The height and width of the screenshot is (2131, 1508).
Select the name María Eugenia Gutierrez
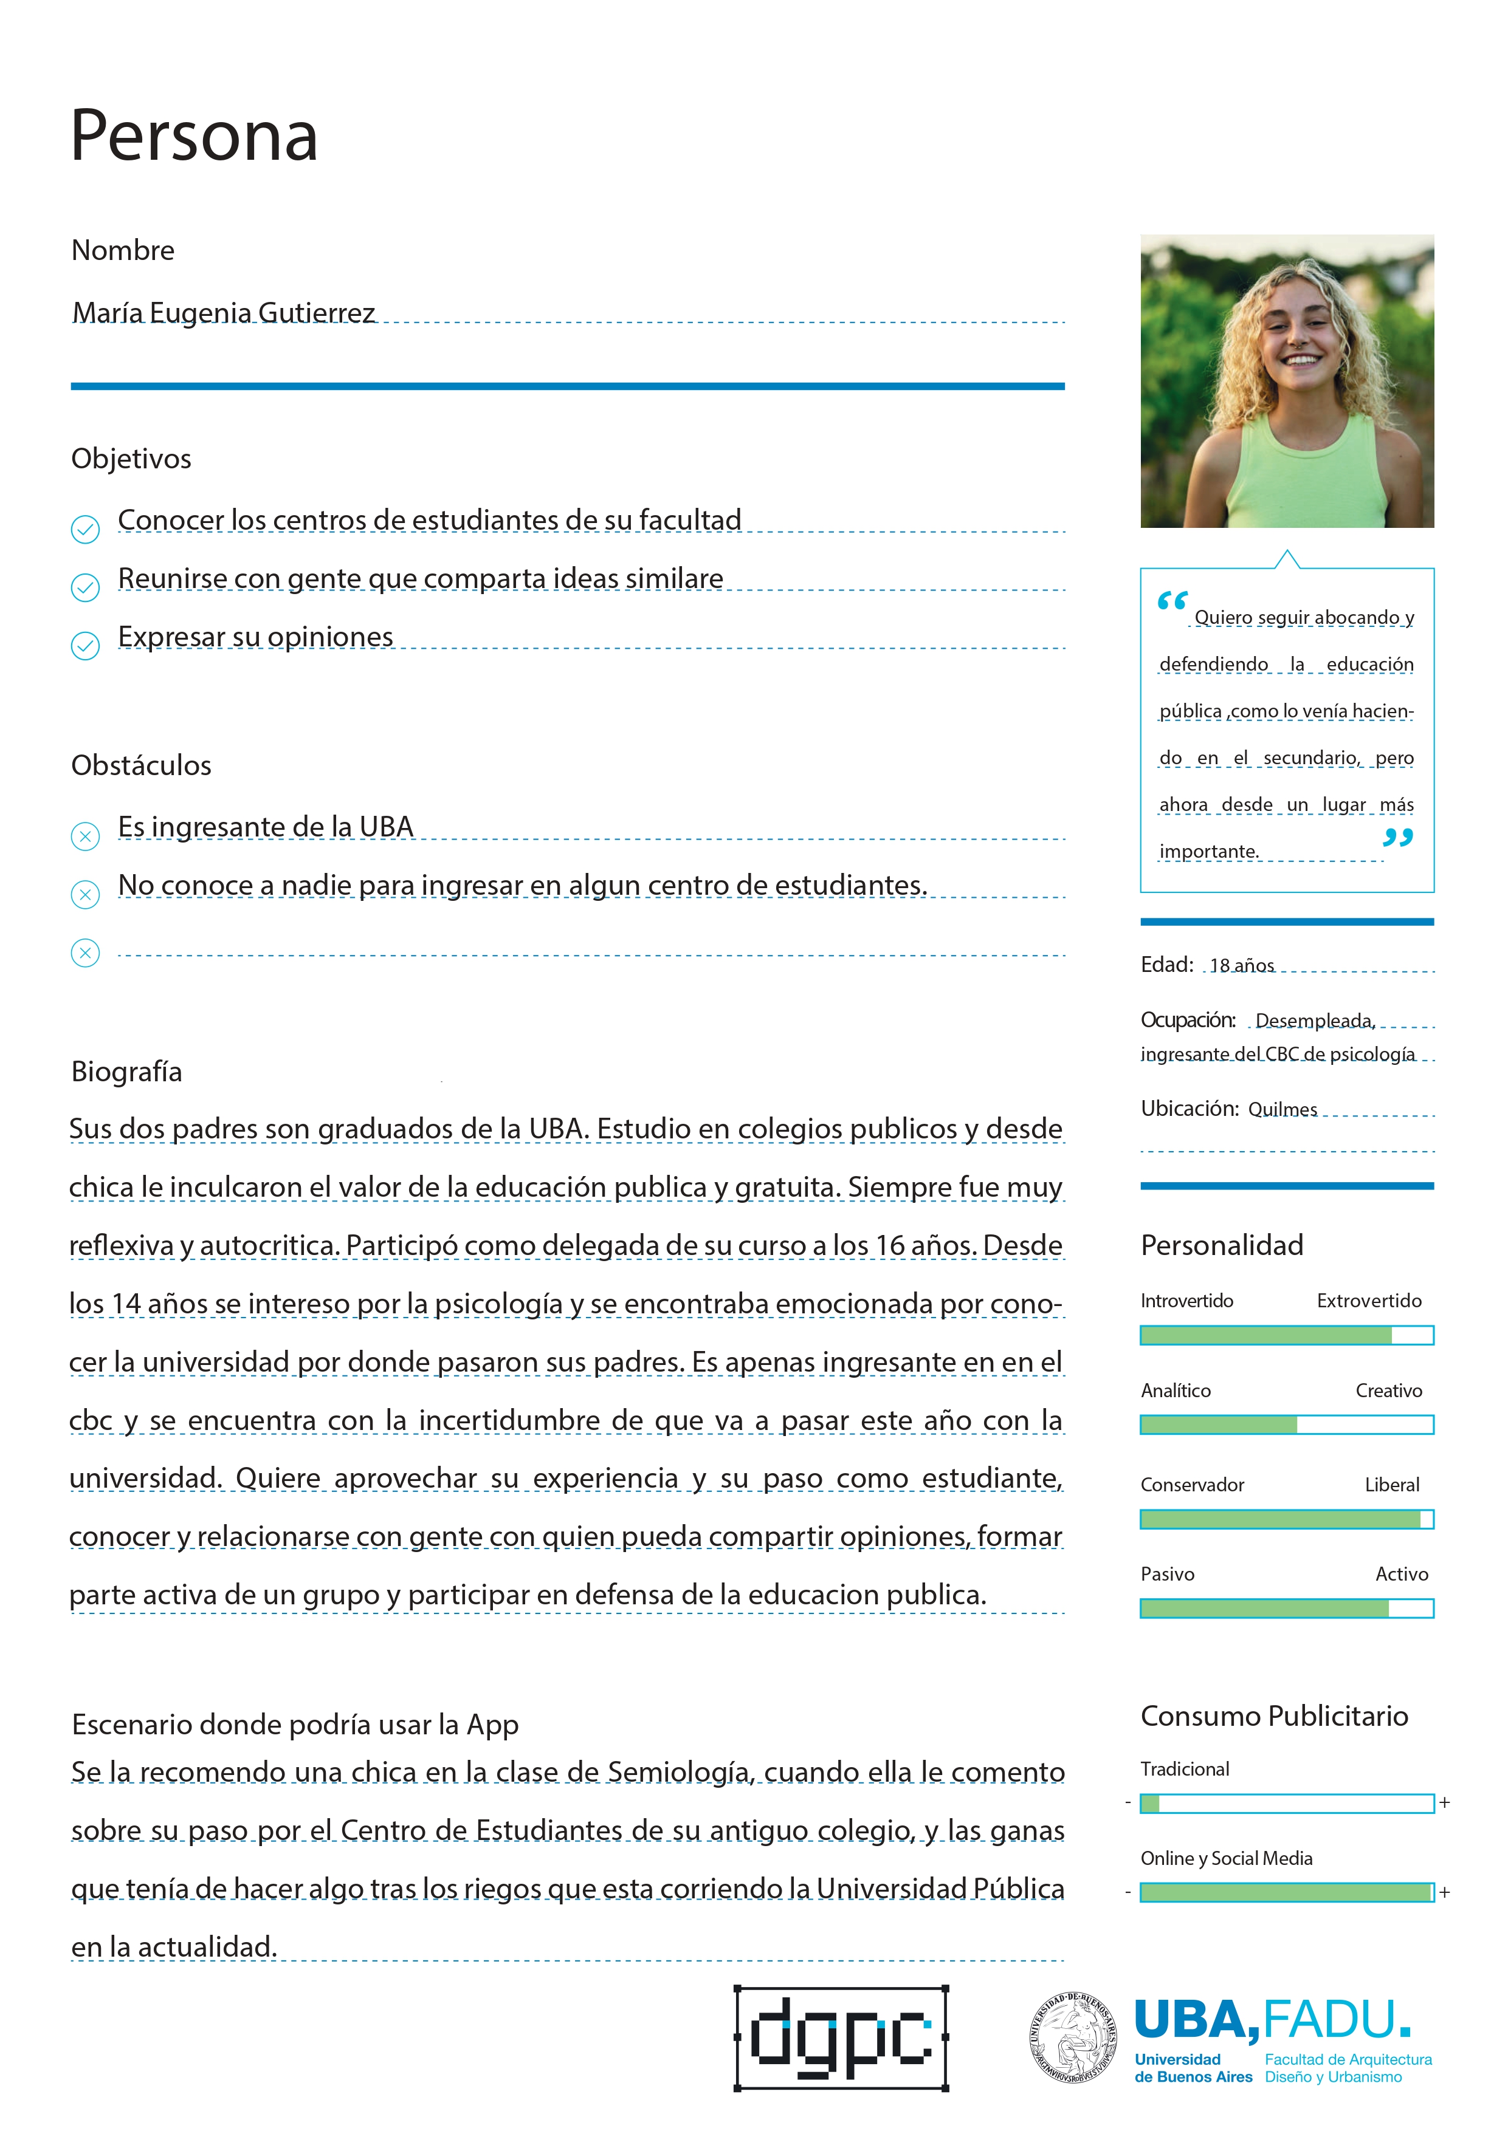[x=224, y=313]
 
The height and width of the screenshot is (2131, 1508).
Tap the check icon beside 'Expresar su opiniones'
[x=86, y=645]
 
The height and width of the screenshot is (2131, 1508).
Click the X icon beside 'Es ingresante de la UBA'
[x=86, y=836]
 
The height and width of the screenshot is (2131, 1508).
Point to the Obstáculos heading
[x=141, y=765]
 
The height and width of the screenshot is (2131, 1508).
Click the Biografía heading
[x=126, y=1072]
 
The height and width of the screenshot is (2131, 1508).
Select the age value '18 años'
[x=1242, y=965]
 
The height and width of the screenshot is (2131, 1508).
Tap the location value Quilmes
[x=1282, y=1109]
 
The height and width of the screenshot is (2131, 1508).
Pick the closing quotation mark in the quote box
[x=1397, y=838]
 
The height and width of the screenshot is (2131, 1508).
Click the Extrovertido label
[x=1369, y=1301]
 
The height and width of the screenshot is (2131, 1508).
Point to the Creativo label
[x=1388, y=1390]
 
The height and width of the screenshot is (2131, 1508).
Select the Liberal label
[x=1392, y=1485]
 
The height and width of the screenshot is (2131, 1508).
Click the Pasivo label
[x=1167, y=1574]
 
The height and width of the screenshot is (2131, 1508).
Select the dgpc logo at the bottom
[x=841, y=2037]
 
